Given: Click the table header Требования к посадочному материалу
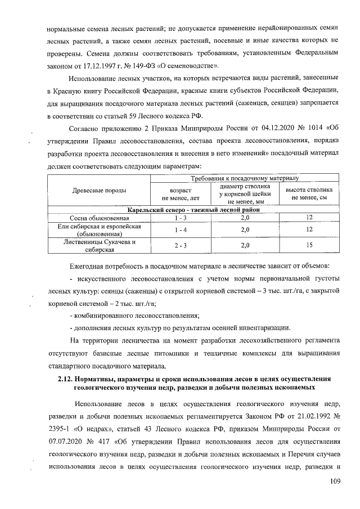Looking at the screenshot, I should click(244, 178).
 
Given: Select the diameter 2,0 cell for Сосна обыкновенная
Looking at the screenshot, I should click(245, 217).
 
